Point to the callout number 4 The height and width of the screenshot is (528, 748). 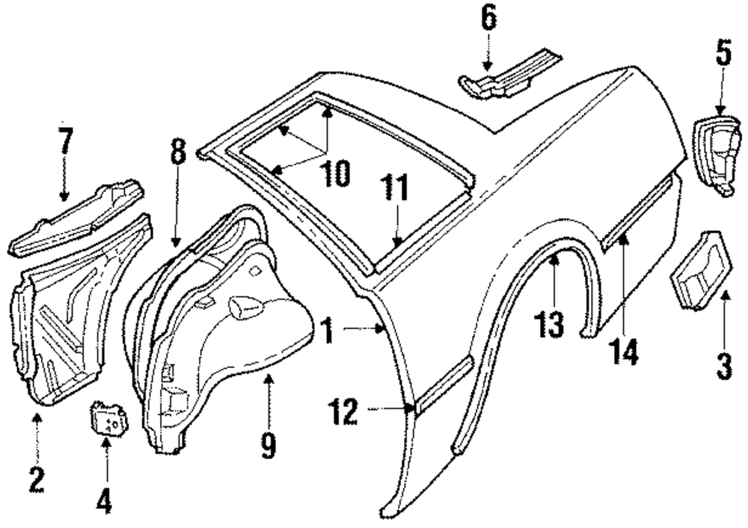pyautogui.click(x=105, y=500)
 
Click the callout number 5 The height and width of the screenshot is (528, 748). pyautogui.click(x=722, y=53)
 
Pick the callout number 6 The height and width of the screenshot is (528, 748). pyautogui.click(x=488, y=19)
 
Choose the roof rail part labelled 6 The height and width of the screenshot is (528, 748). pyautogui.click(x=509, y=74)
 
